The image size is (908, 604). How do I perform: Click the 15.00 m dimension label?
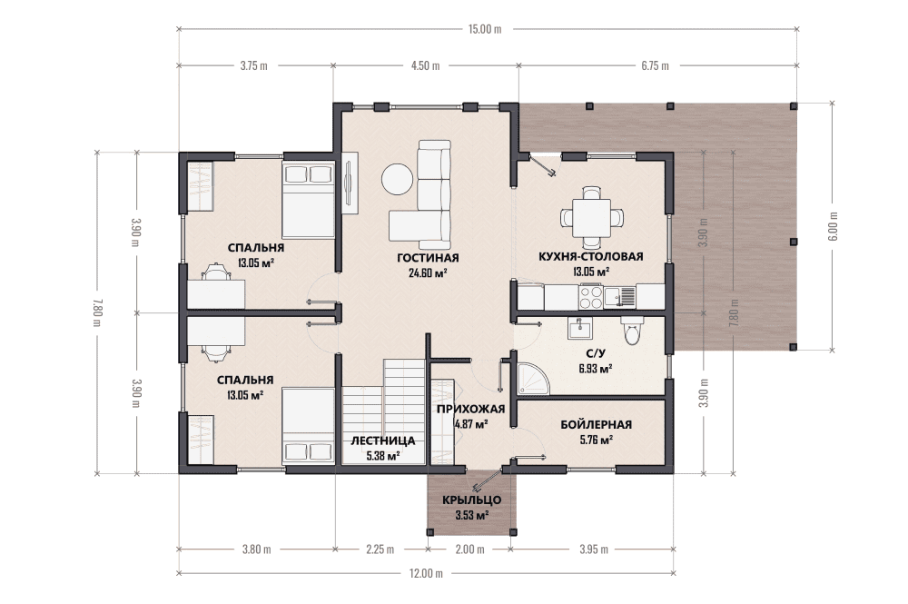pos(485,29)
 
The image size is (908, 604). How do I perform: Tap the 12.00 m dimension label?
pos(426,573)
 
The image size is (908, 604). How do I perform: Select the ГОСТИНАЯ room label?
pos(428,258)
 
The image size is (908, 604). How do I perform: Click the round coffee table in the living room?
pos(397,179)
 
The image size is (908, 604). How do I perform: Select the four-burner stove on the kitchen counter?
pos(591,297)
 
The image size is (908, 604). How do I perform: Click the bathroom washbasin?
pos(579,329)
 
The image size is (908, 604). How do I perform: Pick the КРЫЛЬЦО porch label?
pos(471,500)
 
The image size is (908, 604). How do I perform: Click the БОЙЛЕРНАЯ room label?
pos(596,424)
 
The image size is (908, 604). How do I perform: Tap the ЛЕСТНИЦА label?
pos(383,441)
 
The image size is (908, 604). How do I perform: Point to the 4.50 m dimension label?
pos(426,65)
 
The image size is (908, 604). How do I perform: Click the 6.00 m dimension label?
pos(834,226)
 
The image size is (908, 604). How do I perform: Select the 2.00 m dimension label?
pos(469,549)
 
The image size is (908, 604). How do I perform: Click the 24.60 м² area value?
pos(428,273)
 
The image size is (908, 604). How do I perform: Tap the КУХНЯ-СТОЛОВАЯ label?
pos(591,256)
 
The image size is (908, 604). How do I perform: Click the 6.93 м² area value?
pos(596,369)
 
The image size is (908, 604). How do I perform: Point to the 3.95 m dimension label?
pos(594,549)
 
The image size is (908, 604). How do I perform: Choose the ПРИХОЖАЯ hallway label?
pos(470,409)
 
